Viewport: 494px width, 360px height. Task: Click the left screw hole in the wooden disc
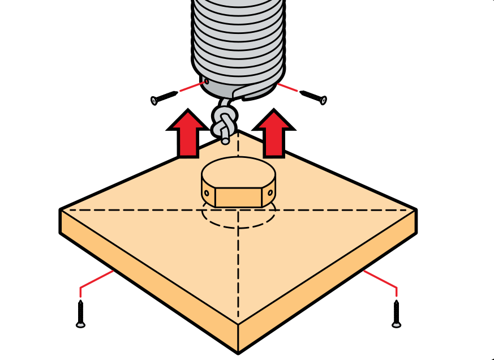click(x=207, y=193)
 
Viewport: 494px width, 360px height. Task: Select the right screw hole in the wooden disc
click(x=270, y=192)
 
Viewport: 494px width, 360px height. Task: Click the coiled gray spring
click(x=238, y=40)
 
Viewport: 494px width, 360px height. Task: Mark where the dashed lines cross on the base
click(x=238, y=210)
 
